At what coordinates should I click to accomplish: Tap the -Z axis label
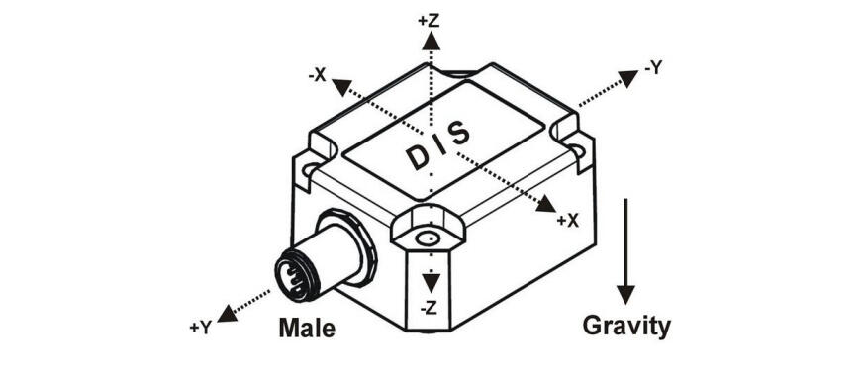tap(429, 308)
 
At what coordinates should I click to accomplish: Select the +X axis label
tap(566, 221)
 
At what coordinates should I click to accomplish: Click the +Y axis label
tap(200, 325)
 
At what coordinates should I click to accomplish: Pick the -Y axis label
tap(652, 68)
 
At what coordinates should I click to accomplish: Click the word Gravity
tap(625, 325)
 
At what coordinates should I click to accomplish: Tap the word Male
tap(307, 327)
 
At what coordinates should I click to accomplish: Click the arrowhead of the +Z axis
tap(430, 41)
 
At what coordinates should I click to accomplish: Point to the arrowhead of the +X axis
tap(544, 206)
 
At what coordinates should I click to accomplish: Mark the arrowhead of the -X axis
tap(339, 87)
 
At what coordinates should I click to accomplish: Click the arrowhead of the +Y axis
tap(228, 313)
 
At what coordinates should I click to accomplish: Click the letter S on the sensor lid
tap(460, 131)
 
